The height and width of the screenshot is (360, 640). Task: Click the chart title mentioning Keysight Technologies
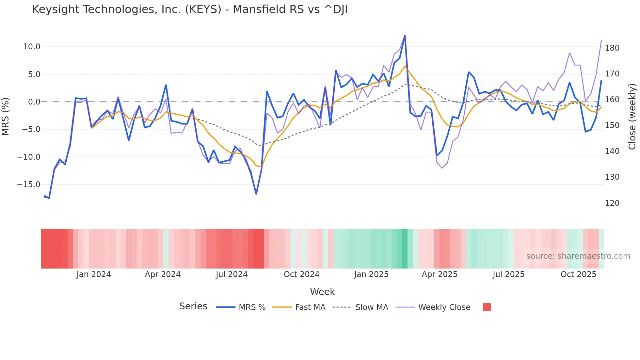tap(190, 9)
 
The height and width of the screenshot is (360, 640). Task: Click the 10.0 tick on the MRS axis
tap(32, 47)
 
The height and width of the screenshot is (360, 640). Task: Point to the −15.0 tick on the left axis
tap(29, 185)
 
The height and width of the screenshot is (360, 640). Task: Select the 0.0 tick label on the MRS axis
tap(34, 102)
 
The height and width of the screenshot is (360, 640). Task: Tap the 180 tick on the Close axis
tap(612, 48)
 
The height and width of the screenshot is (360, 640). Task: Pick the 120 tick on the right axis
tap(612, 203)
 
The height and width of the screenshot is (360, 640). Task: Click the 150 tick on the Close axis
tap(612, 125)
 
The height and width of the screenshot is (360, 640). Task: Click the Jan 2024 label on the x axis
tap(94, 274)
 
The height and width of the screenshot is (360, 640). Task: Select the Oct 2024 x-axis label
tap(301, 274)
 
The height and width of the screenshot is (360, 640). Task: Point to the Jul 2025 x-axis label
tap(508, 274)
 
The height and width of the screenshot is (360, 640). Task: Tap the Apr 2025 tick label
tap(440, 274)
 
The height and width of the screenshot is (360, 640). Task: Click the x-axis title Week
tap(322, 292)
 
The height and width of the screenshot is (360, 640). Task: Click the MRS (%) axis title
tap(6, 116)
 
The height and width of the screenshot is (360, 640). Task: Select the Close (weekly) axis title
tap(632, 116)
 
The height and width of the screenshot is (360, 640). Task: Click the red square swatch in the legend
tap(487, 307)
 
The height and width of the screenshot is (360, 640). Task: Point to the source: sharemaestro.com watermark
tap(578, 256)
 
